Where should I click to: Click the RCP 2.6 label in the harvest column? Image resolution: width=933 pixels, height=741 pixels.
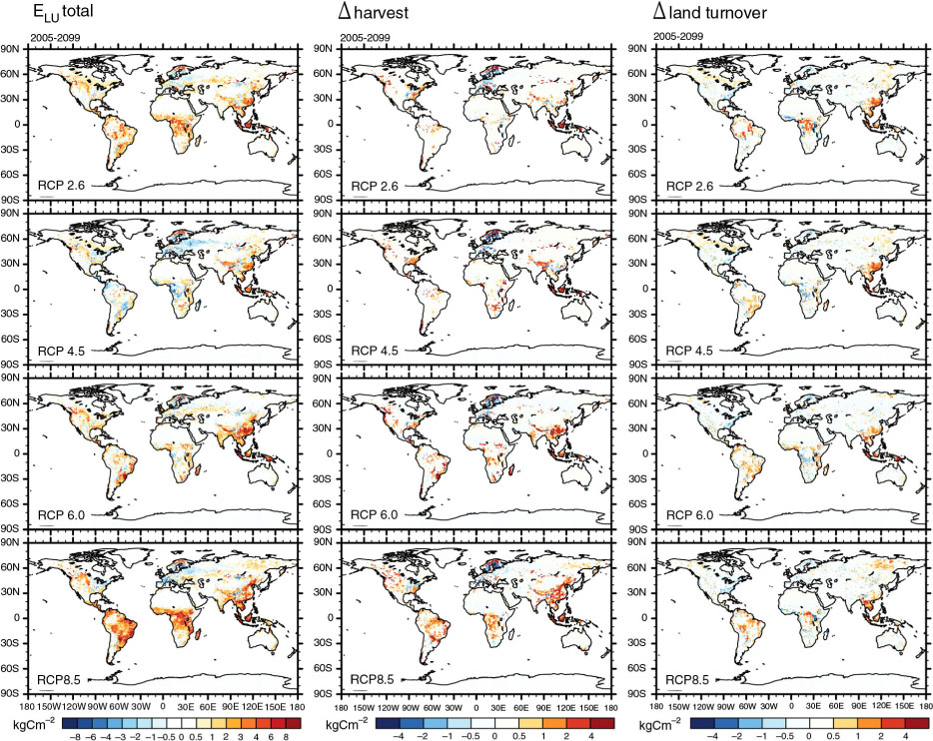(375, 186)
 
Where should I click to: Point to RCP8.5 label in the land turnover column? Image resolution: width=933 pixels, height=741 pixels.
(687, 680)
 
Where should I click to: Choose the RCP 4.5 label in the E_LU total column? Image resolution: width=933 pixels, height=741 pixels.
(61, 351)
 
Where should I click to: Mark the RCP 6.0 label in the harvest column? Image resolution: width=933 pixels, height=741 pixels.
(375, 515)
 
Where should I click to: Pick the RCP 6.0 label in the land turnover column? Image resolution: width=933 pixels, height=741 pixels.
(689, 515)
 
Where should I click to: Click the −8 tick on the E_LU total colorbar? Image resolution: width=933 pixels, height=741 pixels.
(73, 736)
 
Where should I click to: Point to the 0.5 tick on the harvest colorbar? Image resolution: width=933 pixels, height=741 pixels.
(518, 736)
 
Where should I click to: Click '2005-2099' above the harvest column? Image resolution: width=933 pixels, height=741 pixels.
(365, 38)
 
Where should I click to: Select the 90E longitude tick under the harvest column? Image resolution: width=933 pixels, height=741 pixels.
(543, 708)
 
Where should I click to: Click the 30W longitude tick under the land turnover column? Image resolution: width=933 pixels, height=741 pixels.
(769, 708)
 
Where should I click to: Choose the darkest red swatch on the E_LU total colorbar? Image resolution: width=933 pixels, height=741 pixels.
(293, 724)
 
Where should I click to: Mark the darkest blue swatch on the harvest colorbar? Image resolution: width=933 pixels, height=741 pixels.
(388, 724)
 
